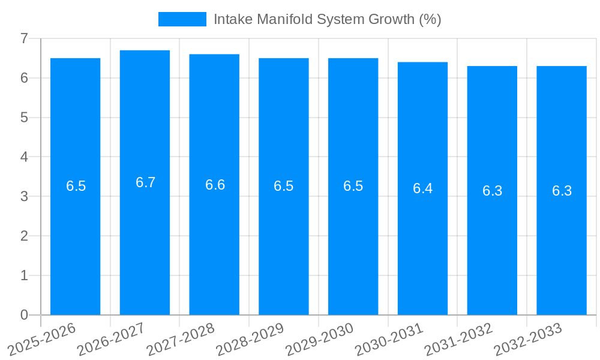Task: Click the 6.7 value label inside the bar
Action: click(145, 182)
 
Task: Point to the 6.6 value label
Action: click(215, 185)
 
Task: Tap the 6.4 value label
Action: click(422, 188)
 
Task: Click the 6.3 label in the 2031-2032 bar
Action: click(492, 191)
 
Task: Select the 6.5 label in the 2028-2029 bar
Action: click(284, 186)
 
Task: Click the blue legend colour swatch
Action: click(182, 19)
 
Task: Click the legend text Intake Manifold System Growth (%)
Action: click(327, 19)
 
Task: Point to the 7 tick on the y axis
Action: click(24, 38)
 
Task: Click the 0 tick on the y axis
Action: click(24, 315)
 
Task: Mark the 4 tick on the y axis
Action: click(24, 157)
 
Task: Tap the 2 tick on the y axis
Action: click(24, 236)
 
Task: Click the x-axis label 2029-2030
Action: click(319, 339)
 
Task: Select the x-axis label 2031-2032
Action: click(458, 339)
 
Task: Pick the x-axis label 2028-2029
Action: click(250, 339)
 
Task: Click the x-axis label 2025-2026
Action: click(41, 339)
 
